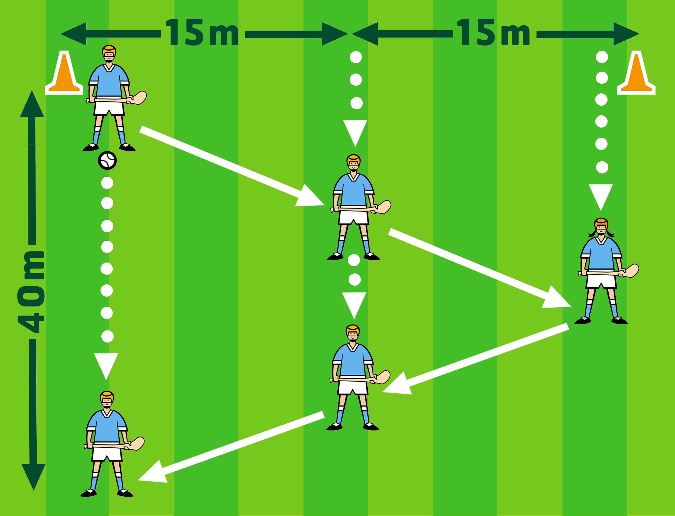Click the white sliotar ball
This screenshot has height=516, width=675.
click(x=107, y=160)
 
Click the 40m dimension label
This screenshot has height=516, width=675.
click(x=31, y=292)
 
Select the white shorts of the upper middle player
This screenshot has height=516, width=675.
click(x=353, y=217)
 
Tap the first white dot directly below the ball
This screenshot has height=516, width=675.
click(x=107, y=183)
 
